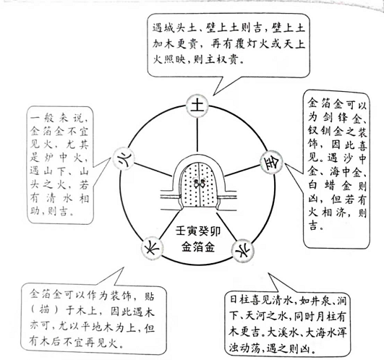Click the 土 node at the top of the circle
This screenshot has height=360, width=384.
pos(197,106)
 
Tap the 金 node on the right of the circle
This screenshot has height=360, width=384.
pos(271,162)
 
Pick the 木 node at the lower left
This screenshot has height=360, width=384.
pos(152,248)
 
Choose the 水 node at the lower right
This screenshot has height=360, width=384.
pos(242,250)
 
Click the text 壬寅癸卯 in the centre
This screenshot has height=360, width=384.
pos(198,231)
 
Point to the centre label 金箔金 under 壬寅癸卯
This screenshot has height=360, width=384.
pos(198,247)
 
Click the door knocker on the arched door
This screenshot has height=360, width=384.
pos(199,184)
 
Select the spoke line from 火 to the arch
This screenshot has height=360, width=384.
pos(153,170)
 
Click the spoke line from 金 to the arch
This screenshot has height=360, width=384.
pos(242,171)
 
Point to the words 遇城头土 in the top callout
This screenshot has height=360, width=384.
pos(174,28)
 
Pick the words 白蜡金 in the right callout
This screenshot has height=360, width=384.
pos(331,187)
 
